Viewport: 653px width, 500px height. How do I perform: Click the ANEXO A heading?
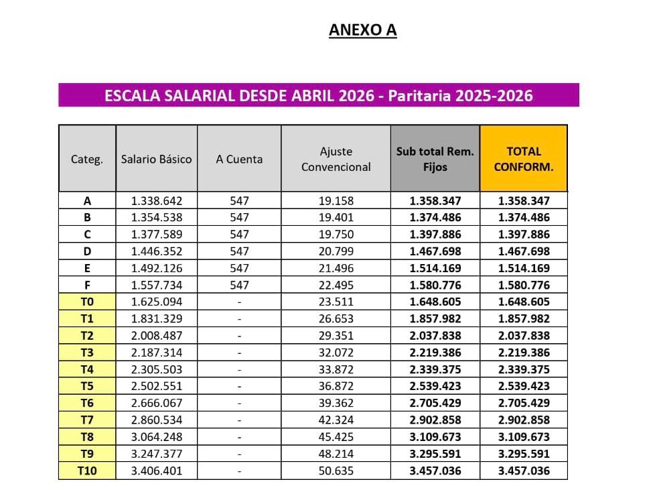(362, 30)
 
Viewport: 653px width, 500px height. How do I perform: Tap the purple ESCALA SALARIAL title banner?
(319, 95)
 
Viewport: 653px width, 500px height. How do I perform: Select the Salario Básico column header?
(156, 159)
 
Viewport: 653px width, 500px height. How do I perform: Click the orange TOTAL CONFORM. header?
(524, 159)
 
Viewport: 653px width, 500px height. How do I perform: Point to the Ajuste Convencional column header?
(336, 159)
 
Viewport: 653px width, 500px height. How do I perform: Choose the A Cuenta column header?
(239, 159)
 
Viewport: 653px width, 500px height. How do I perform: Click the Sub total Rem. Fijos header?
(435, 159)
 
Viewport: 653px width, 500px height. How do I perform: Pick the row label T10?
(87, 471)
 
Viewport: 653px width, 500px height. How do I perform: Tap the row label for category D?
(87, 251)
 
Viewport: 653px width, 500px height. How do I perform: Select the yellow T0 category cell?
(87, 302)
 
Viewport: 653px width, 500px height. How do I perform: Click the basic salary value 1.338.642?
(156, 200)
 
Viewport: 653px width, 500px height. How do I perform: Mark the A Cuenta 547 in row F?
(239, 285)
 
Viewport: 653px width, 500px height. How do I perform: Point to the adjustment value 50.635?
(336, 471)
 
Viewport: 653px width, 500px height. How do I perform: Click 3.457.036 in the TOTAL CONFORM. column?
(524, 471)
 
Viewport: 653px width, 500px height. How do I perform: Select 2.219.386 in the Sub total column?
(435, 353)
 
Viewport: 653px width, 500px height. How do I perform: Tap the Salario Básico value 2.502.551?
(156, 386)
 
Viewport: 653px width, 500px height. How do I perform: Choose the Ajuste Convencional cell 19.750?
(336, 235)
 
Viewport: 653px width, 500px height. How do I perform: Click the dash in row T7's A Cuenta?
(239, 420)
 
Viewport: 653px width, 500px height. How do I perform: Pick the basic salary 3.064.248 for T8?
(156, 437)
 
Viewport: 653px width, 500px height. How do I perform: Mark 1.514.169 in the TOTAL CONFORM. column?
(524, 268)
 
